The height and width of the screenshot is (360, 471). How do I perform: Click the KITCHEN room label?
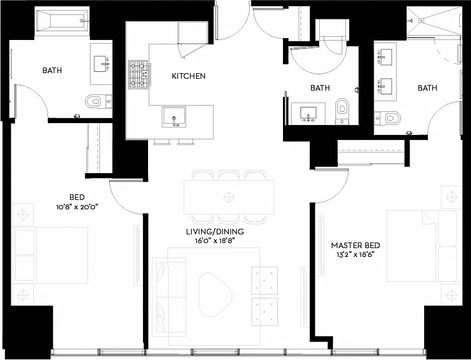[x=189, y=76]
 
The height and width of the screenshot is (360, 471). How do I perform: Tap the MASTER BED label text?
[x=355, y=246]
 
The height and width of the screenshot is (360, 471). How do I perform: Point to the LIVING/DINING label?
[x=215, y=232]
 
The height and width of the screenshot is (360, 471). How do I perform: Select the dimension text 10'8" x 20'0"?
[x=77, y=207]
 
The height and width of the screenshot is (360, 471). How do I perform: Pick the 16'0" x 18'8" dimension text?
[x=214, y=241]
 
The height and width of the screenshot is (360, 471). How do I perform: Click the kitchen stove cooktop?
[x=139, y=74]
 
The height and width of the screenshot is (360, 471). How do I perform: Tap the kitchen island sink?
[x=174, y=117]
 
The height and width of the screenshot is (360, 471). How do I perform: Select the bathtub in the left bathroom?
[x=62, y=21]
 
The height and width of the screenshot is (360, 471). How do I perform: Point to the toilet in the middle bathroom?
[x=342, y=111]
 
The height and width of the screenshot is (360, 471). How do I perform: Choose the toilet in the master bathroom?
[x=388, y=118]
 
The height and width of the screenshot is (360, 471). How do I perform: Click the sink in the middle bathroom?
[x=308, y=114]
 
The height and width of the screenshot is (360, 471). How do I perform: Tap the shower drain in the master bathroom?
[x=422, y=21]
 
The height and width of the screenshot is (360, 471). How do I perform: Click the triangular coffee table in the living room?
[x=214, y=294]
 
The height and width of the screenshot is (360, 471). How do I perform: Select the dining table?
[x=229, y=197]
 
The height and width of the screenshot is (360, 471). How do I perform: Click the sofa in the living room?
[x=169, y=297]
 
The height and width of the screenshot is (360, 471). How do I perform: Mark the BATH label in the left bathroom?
[x=52, y=71]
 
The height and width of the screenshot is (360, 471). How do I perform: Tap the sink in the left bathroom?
[x=101, y=64]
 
